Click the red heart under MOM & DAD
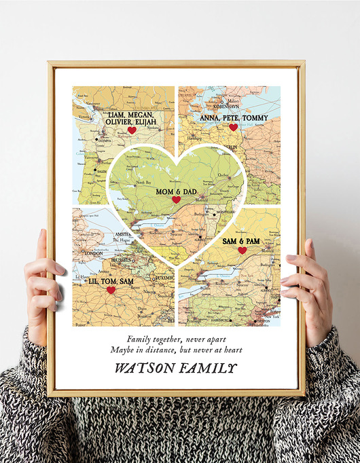coord(176,200)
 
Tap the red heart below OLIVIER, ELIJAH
coord(132,130)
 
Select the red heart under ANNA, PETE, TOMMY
coord(233,127)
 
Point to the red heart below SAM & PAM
coord(242,251)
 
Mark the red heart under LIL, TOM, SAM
coord(111,290)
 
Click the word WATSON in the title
coord(144,369)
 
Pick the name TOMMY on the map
coord(255,118)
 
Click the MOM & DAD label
coord(176,191)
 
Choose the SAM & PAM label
coord(241,241)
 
